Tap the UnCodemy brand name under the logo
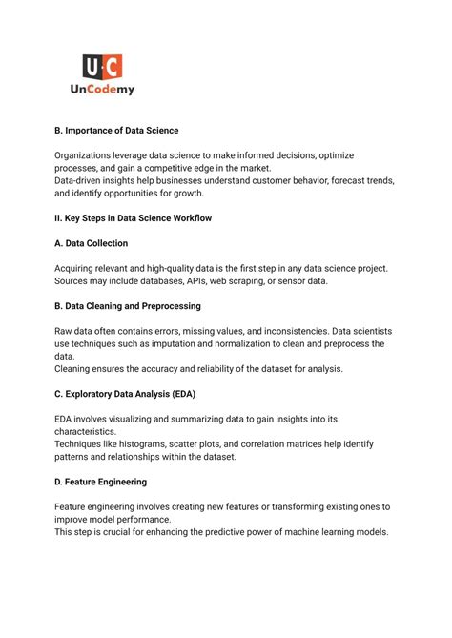pos(100,90)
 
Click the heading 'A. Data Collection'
pos(92,243)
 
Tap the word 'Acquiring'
pos(77,268)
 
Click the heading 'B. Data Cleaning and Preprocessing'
pos(127,306)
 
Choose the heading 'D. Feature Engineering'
pos(100,482)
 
